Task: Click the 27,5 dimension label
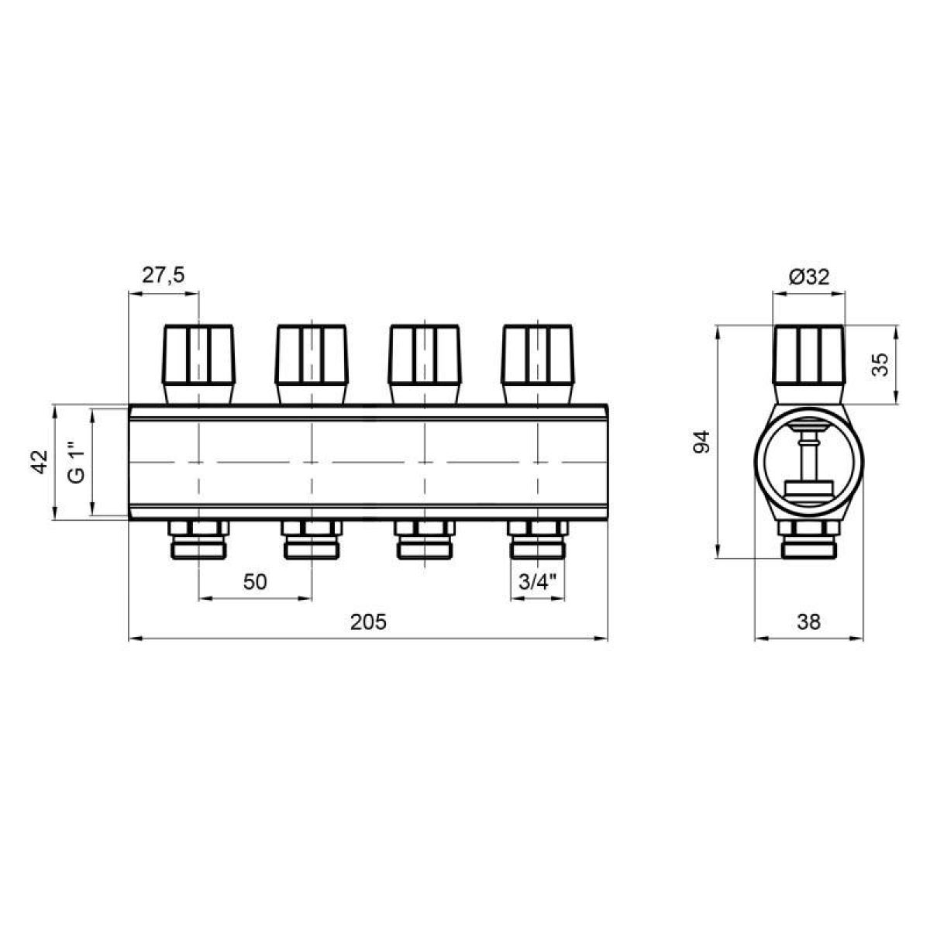163,276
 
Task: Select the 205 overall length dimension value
368,622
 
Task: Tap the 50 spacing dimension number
255,582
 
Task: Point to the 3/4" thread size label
537,582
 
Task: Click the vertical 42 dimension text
40,461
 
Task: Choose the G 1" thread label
76,461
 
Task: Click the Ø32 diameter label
809,277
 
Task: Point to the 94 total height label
701,442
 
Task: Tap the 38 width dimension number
809,622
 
